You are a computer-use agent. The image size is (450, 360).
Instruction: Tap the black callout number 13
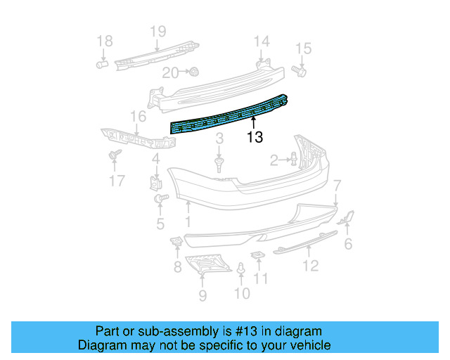(255, 138)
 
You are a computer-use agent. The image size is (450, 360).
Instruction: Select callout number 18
(104, 41)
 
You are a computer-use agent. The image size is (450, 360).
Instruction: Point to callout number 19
(157, 31)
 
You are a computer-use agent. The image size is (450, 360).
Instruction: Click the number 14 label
(262, 41)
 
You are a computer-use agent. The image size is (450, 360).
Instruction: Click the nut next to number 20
(194, 71)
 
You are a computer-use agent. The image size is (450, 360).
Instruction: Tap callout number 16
(137, 116)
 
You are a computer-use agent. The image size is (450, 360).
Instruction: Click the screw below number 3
(219, 165)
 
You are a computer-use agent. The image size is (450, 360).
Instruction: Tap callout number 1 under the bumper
(188, 223)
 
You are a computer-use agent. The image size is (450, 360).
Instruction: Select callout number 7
(337, 186)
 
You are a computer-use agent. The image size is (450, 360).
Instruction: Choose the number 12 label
(310, 265)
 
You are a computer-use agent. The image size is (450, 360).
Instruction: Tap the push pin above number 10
(241, 269)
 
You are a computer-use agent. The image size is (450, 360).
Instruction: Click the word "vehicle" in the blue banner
(305, 345)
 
